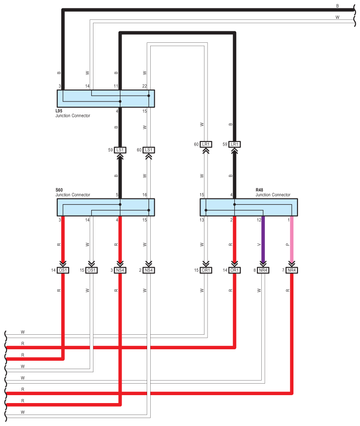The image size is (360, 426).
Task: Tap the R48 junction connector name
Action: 259,190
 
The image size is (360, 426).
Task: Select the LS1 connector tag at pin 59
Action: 120,150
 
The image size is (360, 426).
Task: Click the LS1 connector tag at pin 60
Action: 149,150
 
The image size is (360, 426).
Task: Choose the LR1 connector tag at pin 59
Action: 234,144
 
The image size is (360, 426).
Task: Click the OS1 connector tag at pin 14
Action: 63,270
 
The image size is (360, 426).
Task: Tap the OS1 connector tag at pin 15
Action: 92,270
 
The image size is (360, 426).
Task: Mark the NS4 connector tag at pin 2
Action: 149,270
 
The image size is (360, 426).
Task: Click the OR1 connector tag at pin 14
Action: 234,270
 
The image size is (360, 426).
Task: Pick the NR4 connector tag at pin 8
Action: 264,270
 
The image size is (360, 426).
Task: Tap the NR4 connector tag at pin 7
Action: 292,270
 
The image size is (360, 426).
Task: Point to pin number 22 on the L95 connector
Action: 145,86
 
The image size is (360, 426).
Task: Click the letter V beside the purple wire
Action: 259,244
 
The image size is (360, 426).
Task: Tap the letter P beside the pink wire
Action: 287,244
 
